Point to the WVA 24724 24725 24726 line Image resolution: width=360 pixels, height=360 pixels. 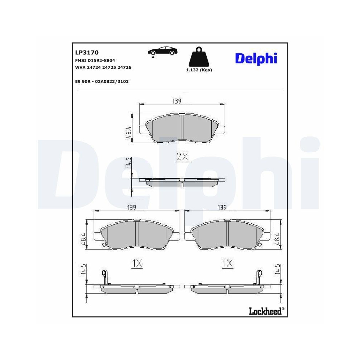click(103, 67)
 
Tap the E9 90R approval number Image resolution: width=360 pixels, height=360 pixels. click(102, 81)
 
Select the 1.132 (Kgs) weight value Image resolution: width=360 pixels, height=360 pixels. click(199, 70)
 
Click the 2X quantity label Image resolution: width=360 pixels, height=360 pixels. click(182, 157)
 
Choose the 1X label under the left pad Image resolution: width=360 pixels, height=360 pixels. click(137, 264)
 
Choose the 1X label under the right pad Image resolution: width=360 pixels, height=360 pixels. click(228, 264)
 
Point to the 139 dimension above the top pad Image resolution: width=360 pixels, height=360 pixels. click(176, 101)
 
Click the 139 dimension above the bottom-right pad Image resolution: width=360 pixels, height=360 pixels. click(221, 208)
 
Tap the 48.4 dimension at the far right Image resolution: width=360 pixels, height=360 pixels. click(277, 238)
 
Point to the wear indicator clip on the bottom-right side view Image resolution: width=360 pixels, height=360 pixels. click(258, 276)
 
